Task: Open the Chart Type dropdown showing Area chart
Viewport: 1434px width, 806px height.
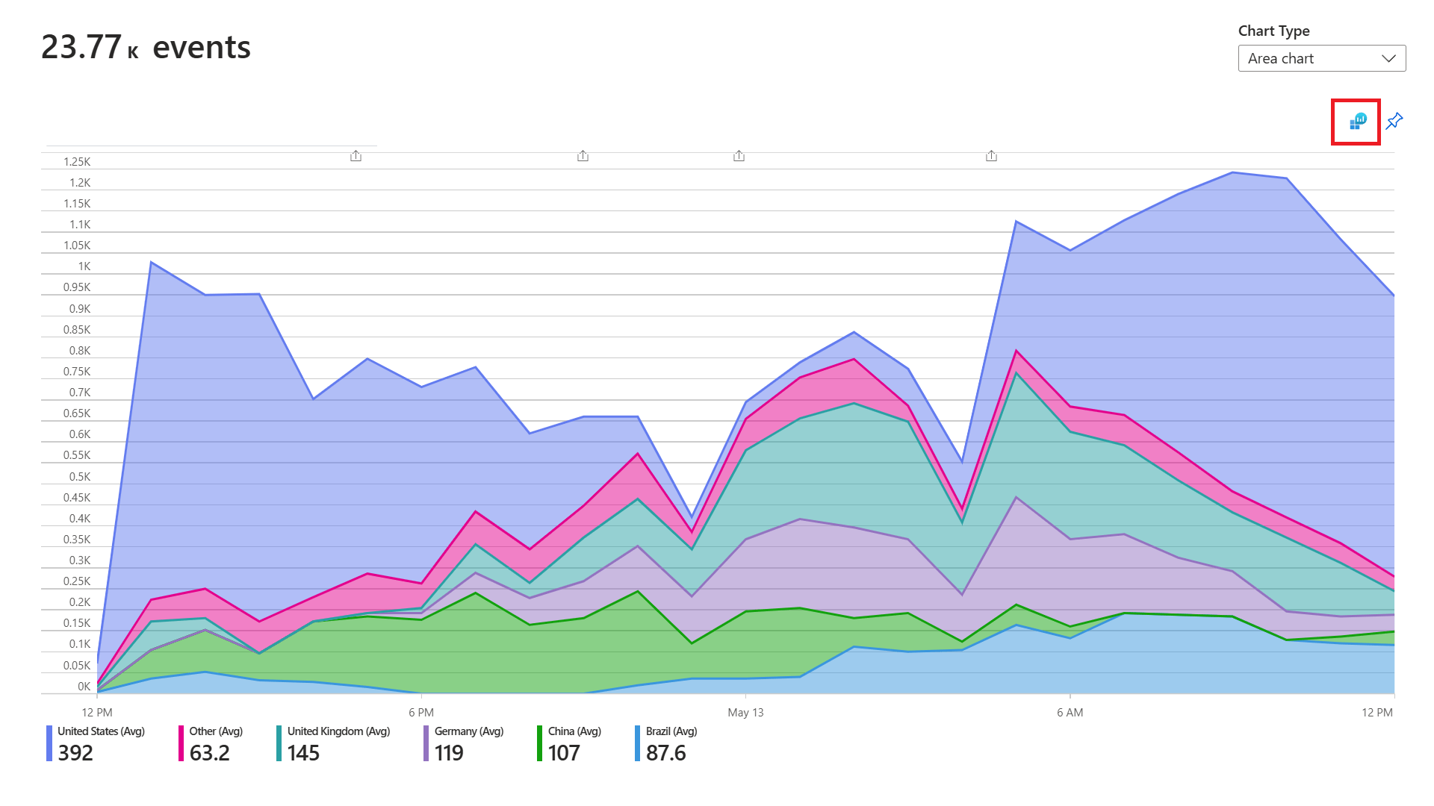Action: [x=1321, y=58]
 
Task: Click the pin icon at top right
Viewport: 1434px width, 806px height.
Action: [x=1394, y=121]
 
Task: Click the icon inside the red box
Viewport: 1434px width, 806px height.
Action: [x=1357, y=121]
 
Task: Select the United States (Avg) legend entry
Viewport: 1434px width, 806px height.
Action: [x=101, y=731]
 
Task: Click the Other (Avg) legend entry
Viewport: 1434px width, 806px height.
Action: [x=216, y=731]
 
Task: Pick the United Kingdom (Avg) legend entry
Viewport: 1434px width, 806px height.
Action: [x=338, y=731]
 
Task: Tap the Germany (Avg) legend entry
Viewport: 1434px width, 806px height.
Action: [x=468, y=731]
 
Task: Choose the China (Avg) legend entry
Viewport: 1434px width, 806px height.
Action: [x=574, y=731]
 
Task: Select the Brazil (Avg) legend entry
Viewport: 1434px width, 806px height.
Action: [x=671, y=731]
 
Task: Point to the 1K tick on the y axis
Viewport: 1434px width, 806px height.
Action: [x=84, y=266]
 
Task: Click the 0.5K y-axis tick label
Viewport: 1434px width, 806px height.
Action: [x=80, y=476]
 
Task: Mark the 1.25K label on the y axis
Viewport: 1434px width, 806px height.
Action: [x=77, y=162]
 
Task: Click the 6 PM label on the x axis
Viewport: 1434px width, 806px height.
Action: [x=421, y=713]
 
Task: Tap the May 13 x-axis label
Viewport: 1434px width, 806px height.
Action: [x=745, y=713]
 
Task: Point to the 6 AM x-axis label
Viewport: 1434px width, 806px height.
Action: [x=1070, y=713]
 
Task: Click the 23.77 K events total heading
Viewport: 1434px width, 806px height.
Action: [x=146, y=48]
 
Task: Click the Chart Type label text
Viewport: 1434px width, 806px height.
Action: [x=1273, y=31]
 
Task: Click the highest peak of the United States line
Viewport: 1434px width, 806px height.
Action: [x=1232, y=172]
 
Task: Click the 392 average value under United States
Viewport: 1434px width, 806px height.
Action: [x=75, y=753]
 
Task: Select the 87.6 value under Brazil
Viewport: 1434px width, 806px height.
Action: [x=665, y=753]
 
